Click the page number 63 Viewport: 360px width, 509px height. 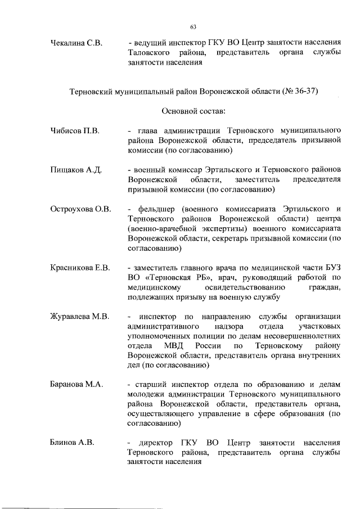[x=193, y=27]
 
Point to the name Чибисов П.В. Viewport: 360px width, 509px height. [x=74, y=131]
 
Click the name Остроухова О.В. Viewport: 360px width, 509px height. [x=80, y=209]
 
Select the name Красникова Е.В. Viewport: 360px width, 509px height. [x=80, y=267]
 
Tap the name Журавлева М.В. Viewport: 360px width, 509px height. [x=79, y=316]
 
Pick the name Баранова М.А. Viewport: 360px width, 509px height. [x=76, y=384]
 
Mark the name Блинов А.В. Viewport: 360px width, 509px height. [x=71, y=442]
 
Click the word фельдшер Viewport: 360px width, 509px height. [x=155, y=209]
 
